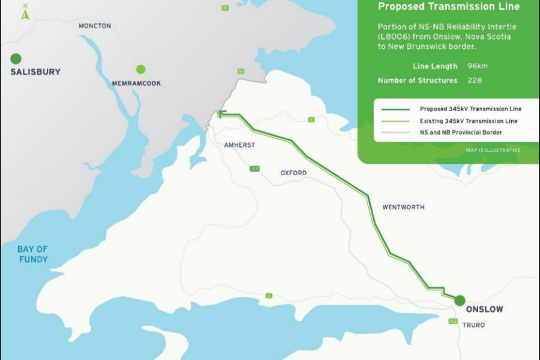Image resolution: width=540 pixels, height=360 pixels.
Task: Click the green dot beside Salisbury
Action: tap(16, 59)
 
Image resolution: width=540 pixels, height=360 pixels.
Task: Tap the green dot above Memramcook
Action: tap(140, 69)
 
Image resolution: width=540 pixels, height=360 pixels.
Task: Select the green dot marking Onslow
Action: tap(460, 300)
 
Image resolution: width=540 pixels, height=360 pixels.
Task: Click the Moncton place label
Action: tap(95, 26)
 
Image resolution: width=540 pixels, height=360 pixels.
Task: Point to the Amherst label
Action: tap(239, 145)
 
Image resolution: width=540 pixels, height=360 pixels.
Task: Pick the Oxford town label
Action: tap(293, 173)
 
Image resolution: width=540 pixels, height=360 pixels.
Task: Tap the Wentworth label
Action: tap(403, 207)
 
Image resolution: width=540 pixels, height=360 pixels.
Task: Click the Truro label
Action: tap(473, 325)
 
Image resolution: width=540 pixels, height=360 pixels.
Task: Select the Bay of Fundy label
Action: tap(32, 254)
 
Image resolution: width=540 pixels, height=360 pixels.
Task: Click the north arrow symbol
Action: tap(25, 12)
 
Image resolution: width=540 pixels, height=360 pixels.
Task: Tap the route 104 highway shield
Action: tap(255, 169)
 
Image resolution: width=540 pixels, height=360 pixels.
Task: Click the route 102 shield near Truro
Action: tap(452, 322)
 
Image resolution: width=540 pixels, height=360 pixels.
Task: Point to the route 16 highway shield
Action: tap(241, 71)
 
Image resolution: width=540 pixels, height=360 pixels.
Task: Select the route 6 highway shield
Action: tap(311, 120)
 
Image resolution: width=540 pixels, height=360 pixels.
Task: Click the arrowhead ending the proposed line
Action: tap(220, 113)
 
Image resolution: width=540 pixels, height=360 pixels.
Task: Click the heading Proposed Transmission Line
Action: tap(448, 7)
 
